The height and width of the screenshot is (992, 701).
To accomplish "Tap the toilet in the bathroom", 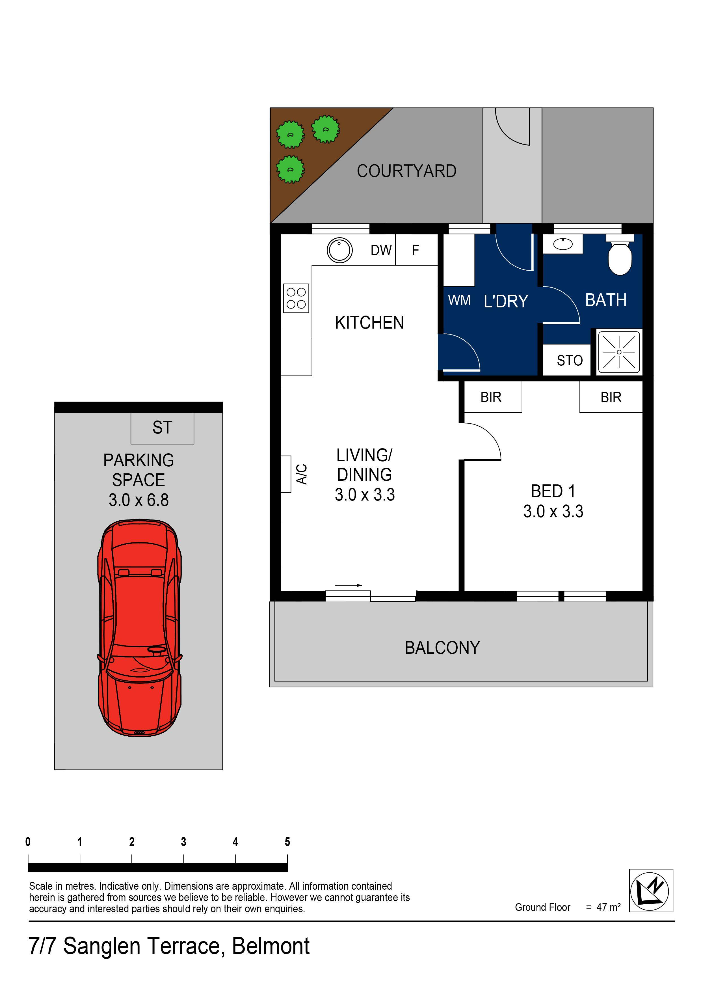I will [x=620, y=257].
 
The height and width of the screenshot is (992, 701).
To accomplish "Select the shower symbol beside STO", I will [x=619, y=352].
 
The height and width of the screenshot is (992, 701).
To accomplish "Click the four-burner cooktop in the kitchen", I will [x=296, y=298].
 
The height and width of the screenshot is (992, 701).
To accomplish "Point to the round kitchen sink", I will [x=339, y=250].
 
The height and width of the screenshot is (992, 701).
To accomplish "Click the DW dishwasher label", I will [x=381, y=250].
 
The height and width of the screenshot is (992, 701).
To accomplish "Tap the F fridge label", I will [x=416, y=250].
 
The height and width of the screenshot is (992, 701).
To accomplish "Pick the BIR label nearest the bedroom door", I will [x=491, y=397].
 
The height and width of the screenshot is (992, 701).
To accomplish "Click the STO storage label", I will [x=569, y=360].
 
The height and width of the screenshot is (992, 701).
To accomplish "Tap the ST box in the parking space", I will [x=163, y=428].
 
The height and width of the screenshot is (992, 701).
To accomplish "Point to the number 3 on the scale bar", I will [x=183, y=842].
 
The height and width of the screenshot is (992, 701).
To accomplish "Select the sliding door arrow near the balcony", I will [x=348, y=585].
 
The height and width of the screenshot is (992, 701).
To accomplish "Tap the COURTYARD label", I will [x=406, y=171].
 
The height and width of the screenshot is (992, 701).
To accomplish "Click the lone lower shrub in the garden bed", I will [x=290, y=169].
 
